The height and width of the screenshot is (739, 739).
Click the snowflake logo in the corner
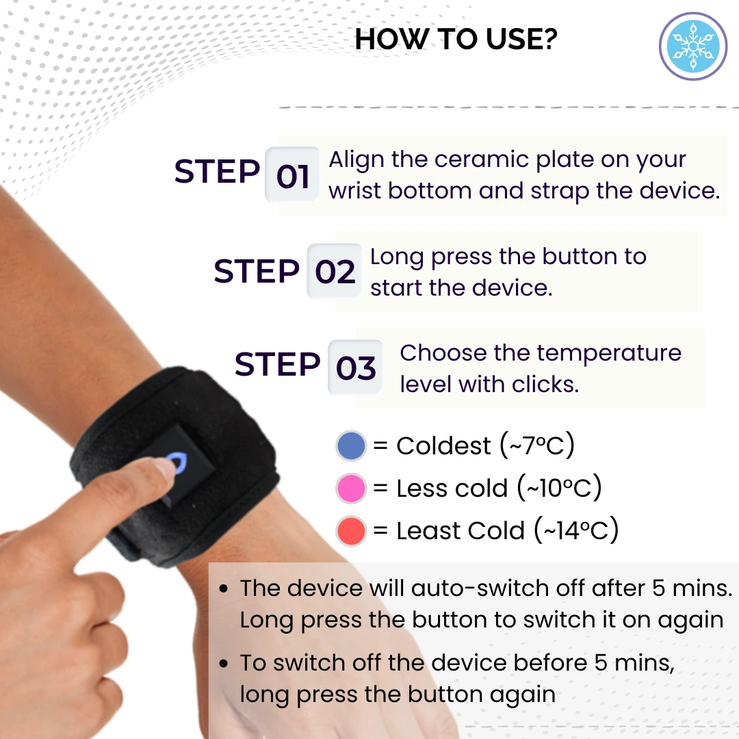(692, 47)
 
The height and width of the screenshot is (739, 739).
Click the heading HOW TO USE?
(456, 40)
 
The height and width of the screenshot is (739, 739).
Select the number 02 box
(335, 272)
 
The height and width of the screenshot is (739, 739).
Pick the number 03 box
(355, 368)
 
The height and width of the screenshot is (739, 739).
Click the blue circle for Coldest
(352, 446)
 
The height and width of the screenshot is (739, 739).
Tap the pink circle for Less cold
(352, 489)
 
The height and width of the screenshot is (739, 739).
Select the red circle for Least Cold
(352, 531)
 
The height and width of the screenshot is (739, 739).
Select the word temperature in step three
(609, 353)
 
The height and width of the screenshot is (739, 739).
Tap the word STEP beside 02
(257, 272)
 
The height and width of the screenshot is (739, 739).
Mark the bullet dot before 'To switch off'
(224, 664)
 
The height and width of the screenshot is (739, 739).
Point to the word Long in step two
(397, 257)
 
